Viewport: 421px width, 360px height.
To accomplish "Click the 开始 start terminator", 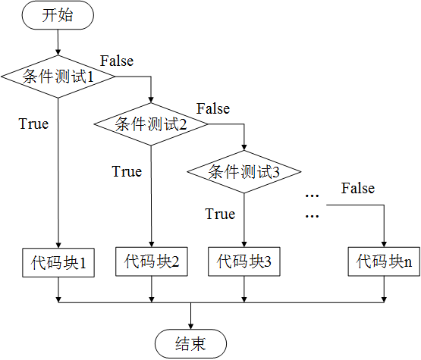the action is point(58,15).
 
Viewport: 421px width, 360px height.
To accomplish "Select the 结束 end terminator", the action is point(190,344).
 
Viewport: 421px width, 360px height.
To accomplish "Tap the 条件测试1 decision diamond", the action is point(58,77).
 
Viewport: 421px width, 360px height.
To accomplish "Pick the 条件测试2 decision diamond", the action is point(151,124).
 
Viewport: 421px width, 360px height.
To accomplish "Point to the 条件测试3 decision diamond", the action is point(244,172).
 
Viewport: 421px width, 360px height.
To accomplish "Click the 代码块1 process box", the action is point(58,263).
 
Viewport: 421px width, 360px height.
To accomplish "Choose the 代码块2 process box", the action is point(152,261).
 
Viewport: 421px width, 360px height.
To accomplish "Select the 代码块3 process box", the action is point(244,261).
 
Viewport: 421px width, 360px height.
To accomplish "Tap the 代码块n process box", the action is point(384,261).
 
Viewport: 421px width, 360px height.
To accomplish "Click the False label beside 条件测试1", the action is point(117,61).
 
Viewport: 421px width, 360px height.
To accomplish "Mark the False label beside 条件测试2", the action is point(213,108).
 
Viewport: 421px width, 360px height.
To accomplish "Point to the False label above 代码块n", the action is point(358,188).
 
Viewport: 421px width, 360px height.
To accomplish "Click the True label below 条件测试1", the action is point(33,124).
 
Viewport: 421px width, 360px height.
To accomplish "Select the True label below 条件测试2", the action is point(127,171).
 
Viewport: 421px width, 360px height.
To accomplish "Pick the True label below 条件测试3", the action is point(220,214).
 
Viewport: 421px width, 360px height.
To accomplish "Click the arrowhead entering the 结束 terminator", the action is point(190,327).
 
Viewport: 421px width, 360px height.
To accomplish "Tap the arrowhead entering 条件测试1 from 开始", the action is point(58,52).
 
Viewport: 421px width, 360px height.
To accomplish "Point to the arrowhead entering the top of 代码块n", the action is point(384,244).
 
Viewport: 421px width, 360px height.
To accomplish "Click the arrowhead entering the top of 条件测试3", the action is point(244,148).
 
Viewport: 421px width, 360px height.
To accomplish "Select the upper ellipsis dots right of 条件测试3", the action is point(313,196).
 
